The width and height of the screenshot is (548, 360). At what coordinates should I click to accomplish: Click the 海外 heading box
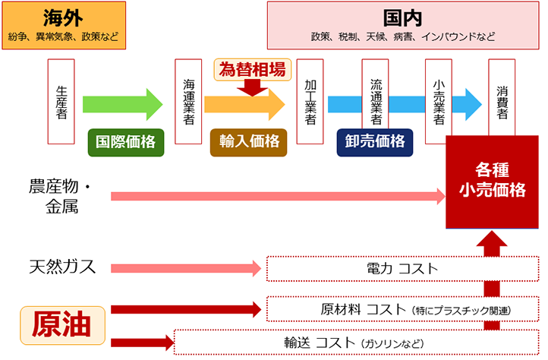[x=64, y=24]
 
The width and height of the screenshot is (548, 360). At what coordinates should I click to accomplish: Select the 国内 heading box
[x=402, y=24]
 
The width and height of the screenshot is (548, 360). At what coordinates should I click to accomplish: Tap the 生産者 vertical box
[x=61, y=101]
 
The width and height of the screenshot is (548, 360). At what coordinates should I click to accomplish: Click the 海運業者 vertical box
[x=188, y=101]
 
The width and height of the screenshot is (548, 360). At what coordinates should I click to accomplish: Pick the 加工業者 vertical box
[x=310, y=101]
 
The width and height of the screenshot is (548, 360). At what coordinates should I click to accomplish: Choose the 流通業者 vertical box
[x=375, y=101]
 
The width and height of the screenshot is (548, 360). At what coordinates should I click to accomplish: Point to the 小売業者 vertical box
[x=438, y=101]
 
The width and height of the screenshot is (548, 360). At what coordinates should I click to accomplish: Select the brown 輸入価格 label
[x=248, y=141]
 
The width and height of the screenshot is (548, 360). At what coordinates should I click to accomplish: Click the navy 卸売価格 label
[x=375, y=141]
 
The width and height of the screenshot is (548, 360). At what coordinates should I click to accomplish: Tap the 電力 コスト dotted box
[x=402, y=269]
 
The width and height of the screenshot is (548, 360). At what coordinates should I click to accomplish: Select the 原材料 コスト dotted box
[x=402, y=309]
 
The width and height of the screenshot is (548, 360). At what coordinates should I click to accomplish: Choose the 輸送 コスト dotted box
[x=356, y=342]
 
